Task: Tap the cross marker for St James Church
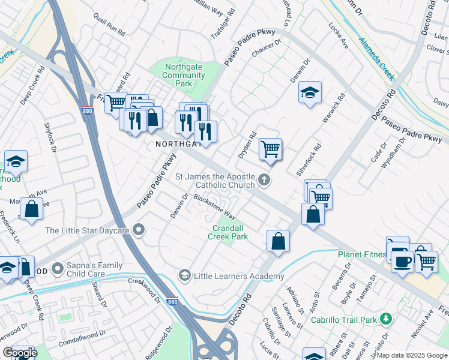[x=264, y=180]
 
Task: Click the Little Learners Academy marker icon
[x=185, y=276]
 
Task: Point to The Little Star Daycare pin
[x=139, y=230]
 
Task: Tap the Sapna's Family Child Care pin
[x=58, y=268]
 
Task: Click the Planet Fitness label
[x=361, y=254]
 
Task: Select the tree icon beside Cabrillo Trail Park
[x=388, y=318]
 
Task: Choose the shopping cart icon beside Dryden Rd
[x=270, y=148]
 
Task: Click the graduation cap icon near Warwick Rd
[x=310, y=92]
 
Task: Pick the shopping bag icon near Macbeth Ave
[x=32, y=209]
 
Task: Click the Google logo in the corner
[x=20, y=353]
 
